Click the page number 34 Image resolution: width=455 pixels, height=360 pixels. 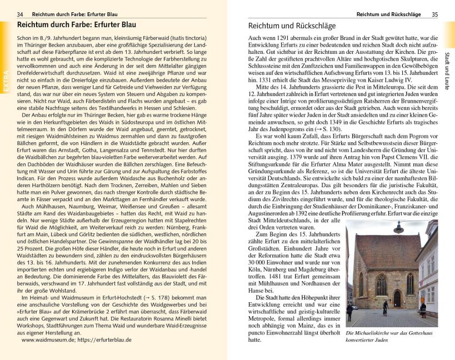20,14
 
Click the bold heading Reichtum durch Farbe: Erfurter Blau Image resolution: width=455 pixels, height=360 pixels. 77,26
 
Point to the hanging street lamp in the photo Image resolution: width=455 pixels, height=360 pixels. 398,228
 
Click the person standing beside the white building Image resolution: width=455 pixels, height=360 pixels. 423,309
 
